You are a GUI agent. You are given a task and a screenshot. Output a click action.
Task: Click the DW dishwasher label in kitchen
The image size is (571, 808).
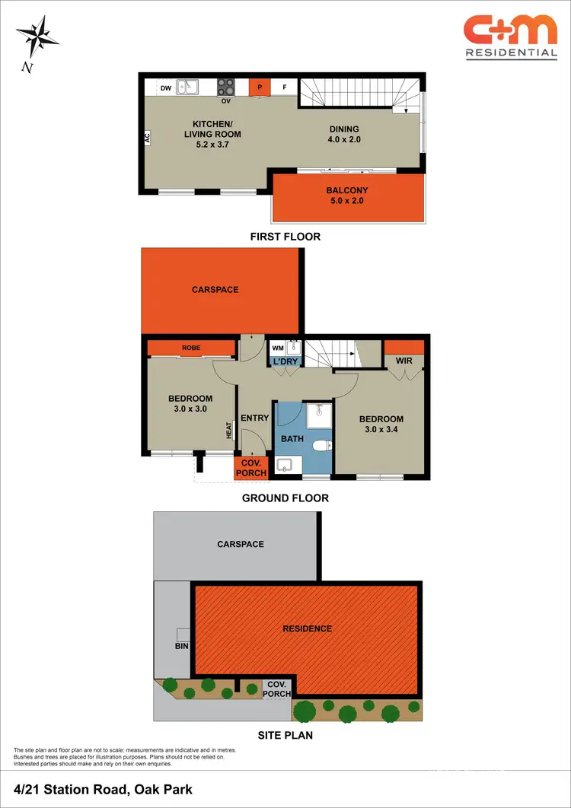(165, 88)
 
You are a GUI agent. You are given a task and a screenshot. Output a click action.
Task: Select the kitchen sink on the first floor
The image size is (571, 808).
(187, 87)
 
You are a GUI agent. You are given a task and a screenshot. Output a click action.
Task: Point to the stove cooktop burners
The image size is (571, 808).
(226, 87)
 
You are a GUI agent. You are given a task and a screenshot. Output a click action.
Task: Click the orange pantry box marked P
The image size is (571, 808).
(260, 87)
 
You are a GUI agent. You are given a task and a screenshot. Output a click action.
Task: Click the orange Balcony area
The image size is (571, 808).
(346, 196)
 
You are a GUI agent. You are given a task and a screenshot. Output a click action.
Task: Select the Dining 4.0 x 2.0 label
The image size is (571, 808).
(344, 134)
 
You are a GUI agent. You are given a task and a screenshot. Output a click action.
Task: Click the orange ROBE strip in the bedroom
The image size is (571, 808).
(191, 348)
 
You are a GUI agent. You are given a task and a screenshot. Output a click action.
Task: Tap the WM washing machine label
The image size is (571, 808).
(277, 348)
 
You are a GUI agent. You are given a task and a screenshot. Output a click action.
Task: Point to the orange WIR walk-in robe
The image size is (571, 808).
(404, 352)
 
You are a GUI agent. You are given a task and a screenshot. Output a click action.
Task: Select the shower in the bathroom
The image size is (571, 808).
(317, 415)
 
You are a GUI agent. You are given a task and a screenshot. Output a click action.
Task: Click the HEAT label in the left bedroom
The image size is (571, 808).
(228, 430)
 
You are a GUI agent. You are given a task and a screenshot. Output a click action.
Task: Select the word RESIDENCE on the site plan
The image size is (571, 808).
(307, 628)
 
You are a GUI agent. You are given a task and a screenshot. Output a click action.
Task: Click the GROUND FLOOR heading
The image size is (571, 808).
(285, 498)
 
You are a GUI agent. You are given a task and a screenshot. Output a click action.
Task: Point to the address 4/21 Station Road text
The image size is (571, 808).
(103, 789)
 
